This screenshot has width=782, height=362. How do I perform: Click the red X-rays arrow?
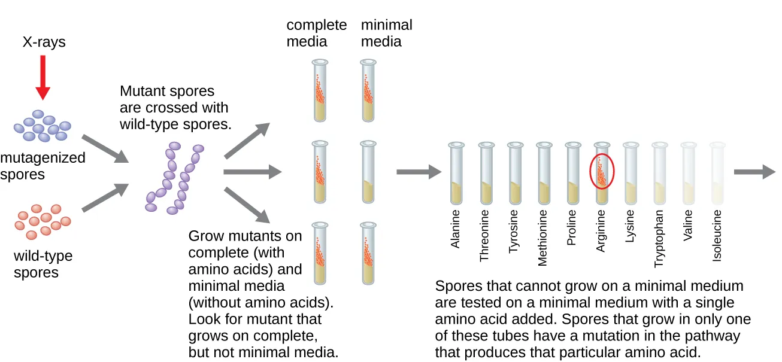pos(42,78)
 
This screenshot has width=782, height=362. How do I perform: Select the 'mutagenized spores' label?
pos(43,166)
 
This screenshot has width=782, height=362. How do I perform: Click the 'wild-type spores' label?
pos(43,264)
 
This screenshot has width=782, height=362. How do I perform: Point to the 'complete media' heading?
pos(316,33)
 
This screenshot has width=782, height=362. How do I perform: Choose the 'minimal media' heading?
pos(386,33)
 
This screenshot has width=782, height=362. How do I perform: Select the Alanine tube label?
pos(456,229)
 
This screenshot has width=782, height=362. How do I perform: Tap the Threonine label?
pos(484,235)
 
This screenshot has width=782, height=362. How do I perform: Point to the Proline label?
pos(571,228)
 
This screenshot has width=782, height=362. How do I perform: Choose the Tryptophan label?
pos(659,238)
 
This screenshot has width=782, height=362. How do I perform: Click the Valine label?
pos(688,226)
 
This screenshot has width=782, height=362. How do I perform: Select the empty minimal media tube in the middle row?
pos(368,172)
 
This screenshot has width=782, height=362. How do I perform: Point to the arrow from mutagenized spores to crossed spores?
pos(105,149)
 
